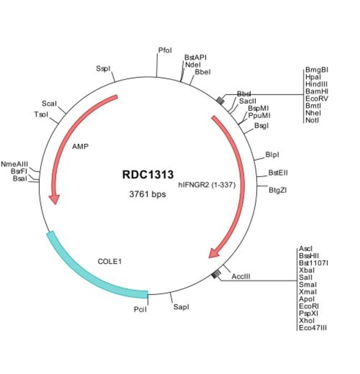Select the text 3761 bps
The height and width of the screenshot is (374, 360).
(x=147, y=194)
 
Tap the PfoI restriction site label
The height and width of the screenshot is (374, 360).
(x=165, y=50)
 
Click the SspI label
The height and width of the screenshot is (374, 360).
(x=103, y=69)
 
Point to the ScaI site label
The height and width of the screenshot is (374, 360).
(x=49, y=104)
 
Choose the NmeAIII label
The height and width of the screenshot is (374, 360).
(x=14, y=164)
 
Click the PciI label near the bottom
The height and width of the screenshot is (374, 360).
(x=140, y=309)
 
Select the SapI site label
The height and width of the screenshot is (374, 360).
(x=181, y=306)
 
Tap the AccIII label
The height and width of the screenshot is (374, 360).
(x=241, y=276)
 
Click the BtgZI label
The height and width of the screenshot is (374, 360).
(x=277, y=190)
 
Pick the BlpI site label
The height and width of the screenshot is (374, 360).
(x=272, y=154)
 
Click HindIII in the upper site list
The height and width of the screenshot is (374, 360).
(x=316, y=84)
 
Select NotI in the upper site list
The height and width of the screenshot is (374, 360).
(x=312, y=120)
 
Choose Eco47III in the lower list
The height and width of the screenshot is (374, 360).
(x=313, y=328)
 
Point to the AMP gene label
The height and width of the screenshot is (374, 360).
(x=80, y=147)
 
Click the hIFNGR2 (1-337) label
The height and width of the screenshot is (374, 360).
(x=207, y=185)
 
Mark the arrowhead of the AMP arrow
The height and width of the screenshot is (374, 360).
(x=54, y=198)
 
